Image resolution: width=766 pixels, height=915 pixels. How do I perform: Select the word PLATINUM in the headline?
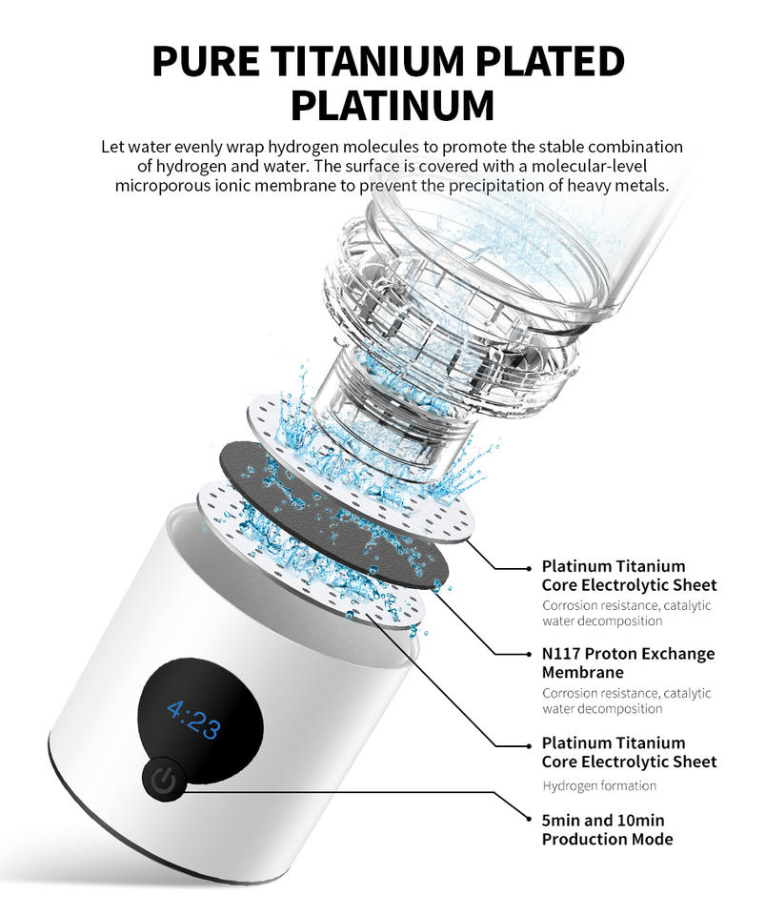point(392,105)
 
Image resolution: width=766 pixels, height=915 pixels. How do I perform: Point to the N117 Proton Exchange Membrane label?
point(628,662)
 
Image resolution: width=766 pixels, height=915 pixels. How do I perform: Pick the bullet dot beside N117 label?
point(530,655)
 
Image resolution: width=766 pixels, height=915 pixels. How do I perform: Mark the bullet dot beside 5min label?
point(530,820)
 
